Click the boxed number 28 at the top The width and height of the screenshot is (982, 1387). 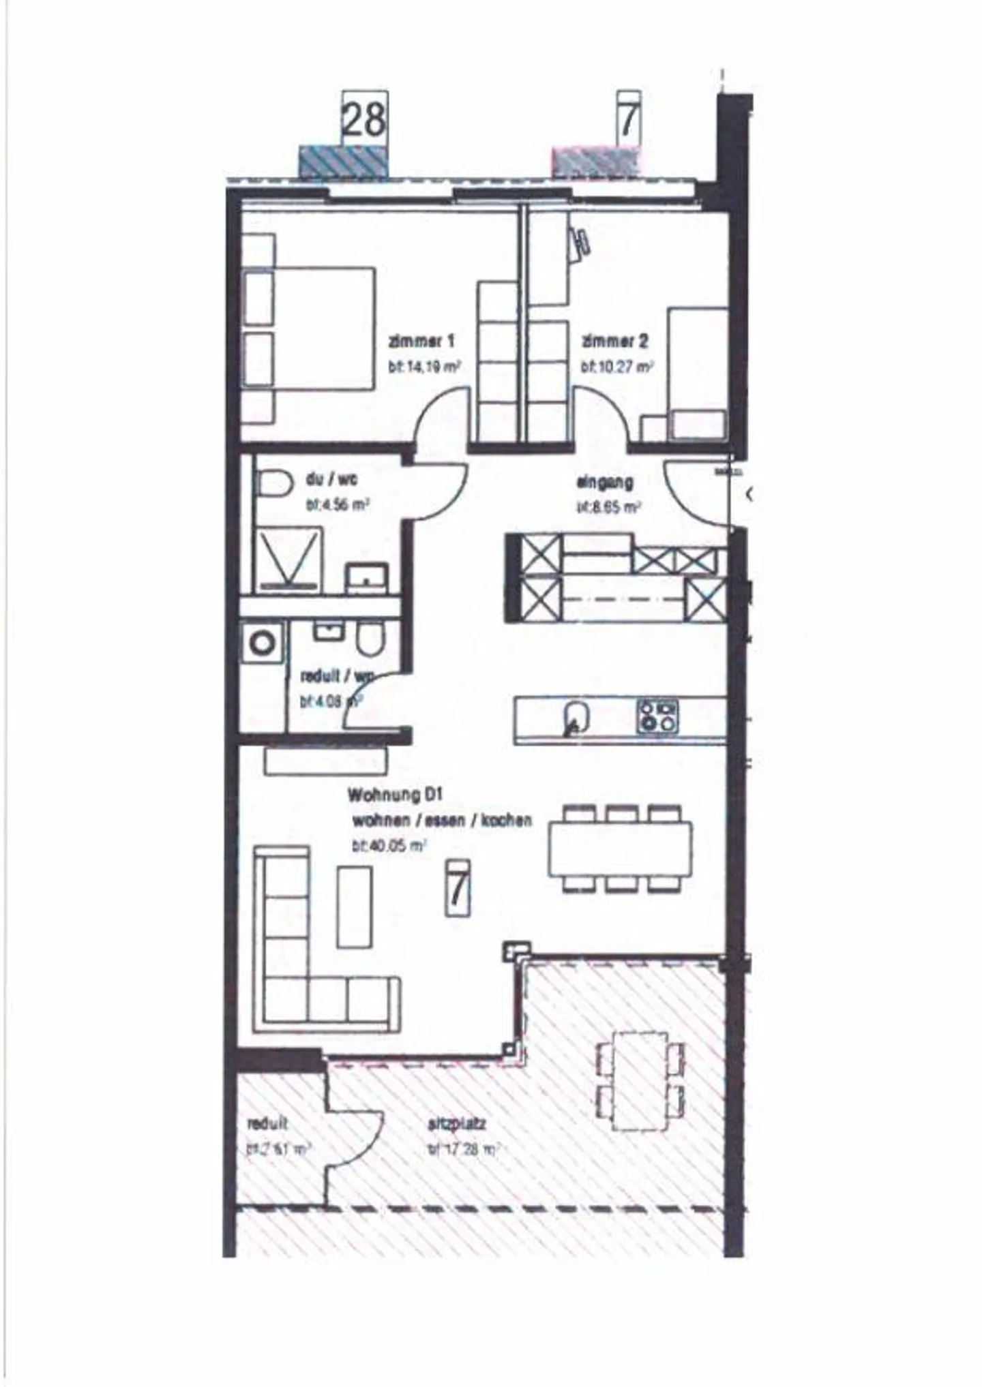364,118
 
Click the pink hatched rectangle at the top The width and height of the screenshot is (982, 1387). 595,161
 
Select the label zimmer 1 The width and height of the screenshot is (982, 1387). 421,341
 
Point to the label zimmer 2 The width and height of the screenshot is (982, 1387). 614,341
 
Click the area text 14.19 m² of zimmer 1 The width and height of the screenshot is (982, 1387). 424,367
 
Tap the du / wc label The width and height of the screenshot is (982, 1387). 331,479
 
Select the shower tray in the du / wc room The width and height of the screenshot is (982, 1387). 286,559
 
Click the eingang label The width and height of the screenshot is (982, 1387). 605,482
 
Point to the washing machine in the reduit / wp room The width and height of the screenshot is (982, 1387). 262,643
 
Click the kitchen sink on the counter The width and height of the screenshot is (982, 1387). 576,717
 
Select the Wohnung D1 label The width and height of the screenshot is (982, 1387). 396,795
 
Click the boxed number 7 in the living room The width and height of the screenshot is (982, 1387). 457,888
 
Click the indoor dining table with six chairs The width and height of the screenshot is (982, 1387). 620,849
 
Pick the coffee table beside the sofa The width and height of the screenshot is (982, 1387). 355,906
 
